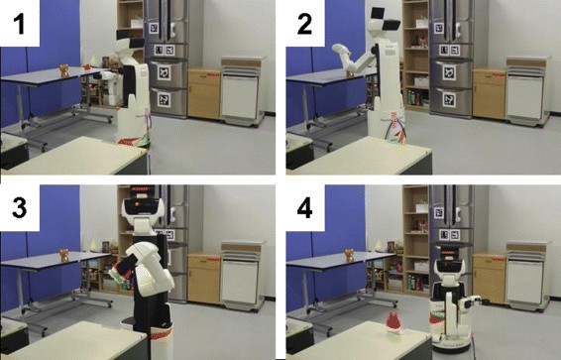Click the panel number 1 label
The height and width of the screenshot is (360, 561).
pyautogui.click(x=19, y=25)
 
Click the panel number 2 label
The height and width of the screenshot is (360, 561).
pyautogui.click(x=304, y=25)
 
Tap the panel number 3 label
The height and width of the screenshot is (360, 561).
pyautogui.click(x=19, y=208)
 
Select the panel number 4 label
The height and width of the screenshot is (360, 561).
pyautogui.click(x=305, y=208)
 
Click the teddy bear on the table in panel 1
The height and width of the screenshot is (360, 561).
pyautogui.click(x=63, y=70)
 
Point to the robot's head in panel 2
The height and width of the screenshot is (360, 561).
pyautogui.click(x=385, y=21)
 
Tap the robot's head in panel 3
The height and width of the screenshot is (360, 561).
pyautogui.click(x=143, y=208)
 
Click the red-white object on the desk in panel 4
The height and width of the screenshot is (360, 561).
pyautogui.click(x=394, y=322)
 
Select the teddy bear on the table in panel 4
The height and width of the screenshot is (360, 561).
pyautogui.click(x=349, y=256)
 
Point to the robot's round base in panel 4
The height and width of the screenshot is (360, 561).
pyautogui.click(x=452, y=342)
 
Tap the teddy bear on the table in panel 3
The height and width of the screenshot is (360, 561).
pyautogui.click(x=63, y=256)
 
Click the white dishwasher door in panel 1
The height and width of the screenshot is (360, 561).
pyautogui.click(x=239, y=96)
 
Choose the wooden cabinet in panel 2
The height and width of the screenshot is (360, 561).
pyautogui.click(x=490, y=94)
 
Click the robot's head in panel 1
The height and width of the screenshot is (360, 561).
pyautogui.click(x=130, y=43)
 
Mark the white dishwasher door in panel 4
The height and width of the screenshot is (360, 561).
pyautogui.click(x=525, y=282)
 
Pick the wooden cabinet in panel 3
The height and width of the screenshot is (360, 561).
pyautogui.click(x=204, y=279)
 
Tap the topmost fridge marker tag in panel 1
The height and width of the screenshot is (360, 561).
pyautogui.click(x=154, y=29)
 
